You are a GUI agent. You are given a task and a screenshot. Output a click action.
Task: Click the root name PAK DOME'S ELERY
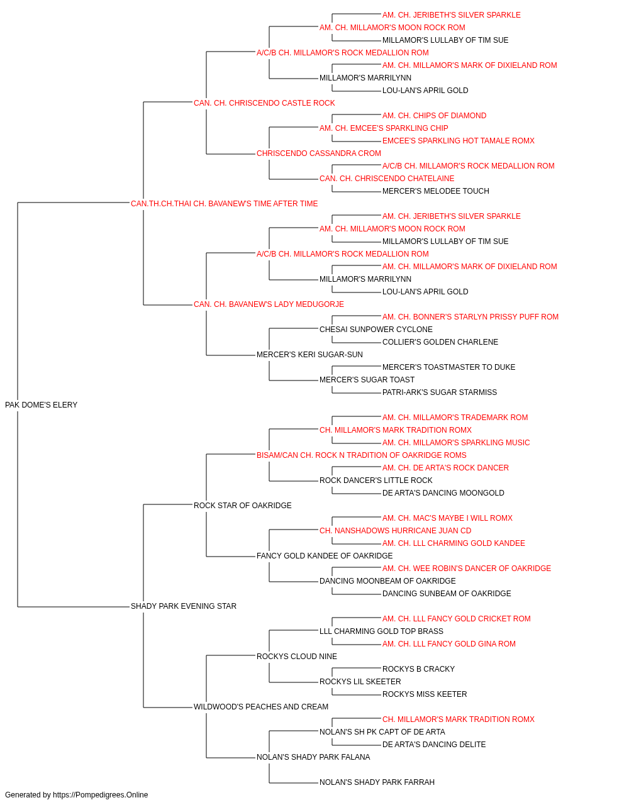pyautogui.click(x=41, y=404)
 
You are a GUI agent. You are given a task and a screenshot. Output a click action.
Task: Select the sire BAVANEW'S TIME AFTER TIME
pyautogui.click(x=224, y=203)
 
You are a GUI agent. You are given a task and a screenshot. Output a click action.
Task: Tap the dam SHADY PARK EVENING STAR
pyautogui.click(x=184, y=606)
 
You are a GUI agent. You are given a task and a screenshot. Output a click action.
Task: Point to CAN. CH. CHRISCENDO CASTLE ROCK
pyautogui.click(x=264, y=103)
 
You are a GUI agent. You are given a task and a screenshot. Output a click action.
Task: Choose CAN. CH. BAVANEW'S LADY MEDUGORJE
pyautogui.click(x=269, y=304)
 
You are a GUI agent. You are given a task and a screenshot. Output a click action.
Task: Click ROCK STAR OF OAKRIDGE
pyautogui.click(x=242, y=505)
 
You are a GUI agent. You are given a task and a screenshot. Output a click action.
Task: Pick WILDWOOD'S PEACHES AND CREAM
pyautogui.click(x=261, y=706)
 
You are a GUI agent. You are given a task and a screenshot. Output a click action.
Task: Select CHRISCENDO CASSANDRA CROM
pyautogui.click(x=318, y=153)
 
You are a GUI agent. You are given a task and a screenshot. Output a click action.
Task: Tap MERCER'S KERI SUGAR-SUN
pyautogui.click(x=309, y=355)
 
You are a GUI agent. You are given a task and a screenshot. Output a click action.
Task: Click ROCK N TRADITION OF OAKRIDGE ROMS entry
pyautogui.click(x=361, y=455)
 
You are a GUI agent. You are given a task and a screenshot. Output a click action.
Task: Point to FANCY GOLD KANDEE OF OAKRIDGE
pyautogui.click(x=325, y=556)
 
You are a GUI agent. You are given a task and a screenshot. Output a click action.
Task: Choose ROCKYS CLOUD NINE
pyautogui.click(x=297, y=656)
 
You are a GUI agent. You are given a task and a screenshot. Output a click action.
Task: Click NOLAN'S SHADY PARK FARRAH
pyautogui.click(x=377, y=782)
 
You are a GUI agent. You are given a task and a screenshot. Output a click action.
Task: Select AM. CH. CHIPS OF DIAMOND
pyautogui.click(x=434, y=115)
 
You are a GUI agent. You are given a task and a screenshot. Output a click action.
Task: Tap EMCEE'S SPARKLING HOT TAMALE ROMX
pyautogui.click(x=459, y=140)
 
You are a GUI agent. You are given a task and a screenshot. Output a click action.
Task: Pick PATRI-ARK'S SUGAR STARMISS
pyautogui.click(x=439, y=392)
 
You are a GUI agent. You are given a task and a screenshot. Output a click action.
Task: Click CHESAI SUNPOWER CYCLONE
pyautogui.click(x=376, y=330)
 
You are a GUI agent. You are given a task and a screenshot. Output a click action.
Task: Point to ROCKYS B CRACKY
pyautogui.click(x=418, y=669)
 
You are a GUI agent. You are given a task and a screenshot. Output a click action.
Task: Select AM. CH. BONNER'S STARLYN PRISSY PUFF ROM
pyautogui.click(x=470, y=317)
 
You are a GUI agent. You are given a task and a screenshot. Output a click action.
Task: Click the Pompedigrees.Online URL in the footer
pyautogui.click(x=100, y=795)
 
